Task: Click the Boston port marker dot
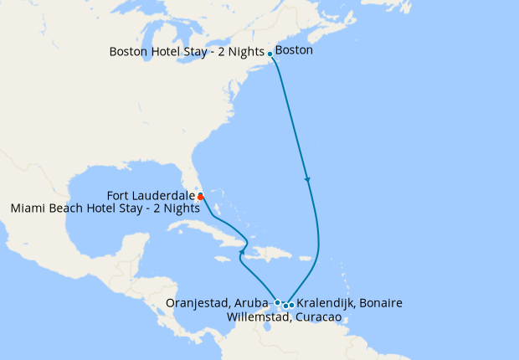[270, 54]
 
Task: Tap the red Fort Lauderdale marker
[201, 197]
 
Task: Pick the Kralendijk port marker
[291, 305]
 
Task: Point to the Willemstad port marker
[285, 306]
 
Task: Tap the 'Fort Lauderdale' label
[152, 195]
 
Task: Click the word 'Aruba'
[254, 302]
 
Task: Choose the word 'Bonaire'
[379, 303]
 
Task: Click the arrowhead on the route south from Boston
[308, 179]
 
